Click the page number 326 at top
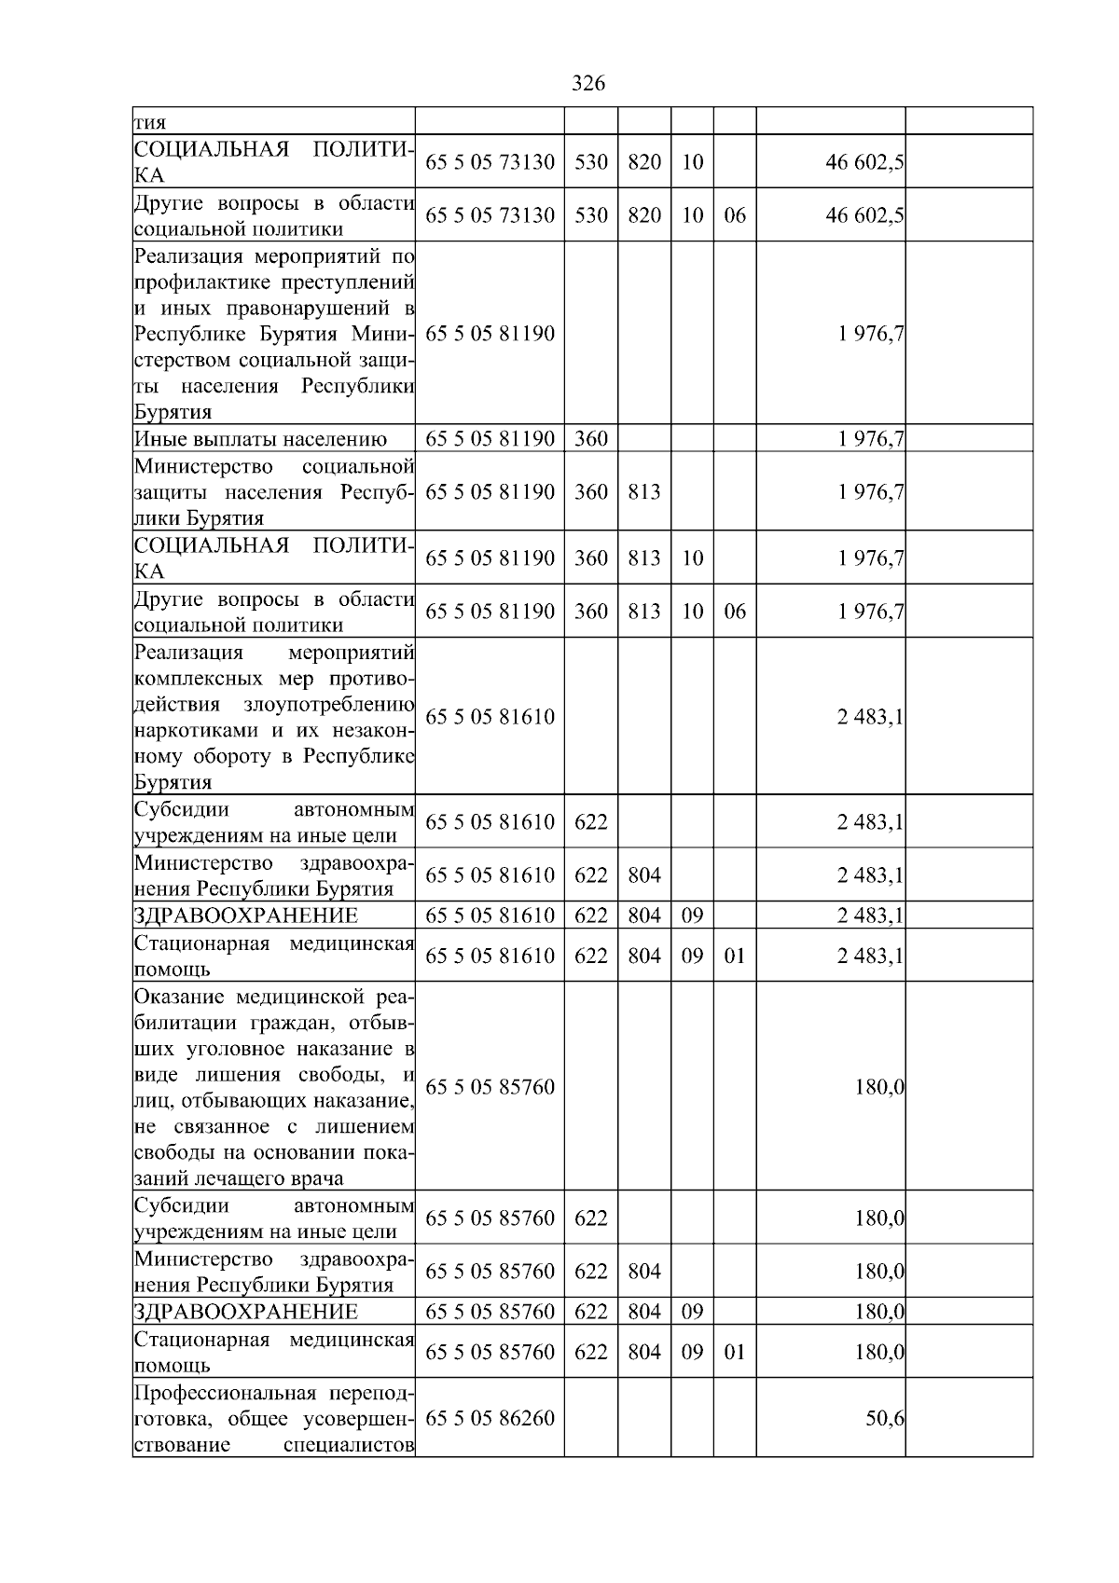587,84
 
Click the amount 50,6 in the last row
885,1418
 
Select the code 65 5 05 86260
490,1418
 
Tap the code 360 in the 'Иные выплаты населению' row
590,438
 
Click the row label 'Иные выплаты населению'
260,438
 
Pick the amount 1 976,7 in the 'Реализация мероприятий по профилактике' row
871,334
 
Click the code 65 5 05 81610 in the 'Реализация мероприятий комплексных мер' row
490,717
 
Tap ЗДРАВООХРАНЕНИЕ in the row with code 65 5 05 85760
246,1312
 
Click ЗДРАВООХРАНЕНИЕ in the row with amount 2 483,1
246,915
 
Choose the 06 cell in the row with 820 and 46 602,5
735,215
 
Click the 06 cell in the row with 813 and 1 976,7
735,612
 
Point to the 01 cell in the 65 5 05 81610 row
735,956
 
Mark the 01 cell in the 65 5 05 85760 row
735,1352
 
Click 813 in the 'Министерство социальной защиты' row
643,492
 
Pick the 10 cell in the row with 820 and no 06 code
692,162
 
